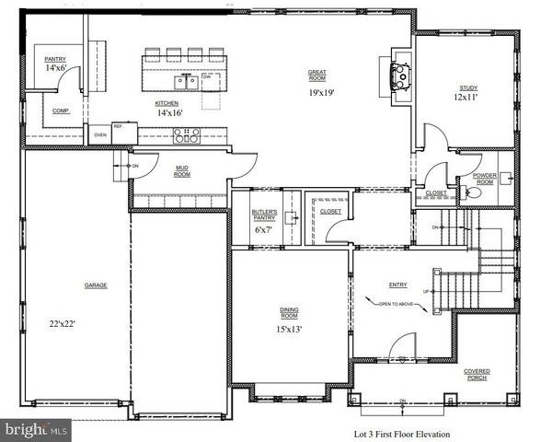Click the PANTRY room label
[54, 58]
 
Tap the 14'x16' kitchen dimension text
[167, 112]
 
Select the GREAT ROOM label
[319, 75]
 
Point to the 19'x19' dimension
[319, 93]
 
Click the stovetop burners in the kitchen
[188, 135]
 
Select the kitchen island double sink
[188, 81]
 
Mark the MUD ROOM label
[182, 169]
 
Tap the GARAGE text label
[98, 285]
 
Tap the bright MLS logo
[35, 430]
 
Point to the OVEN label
[99, 135]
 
